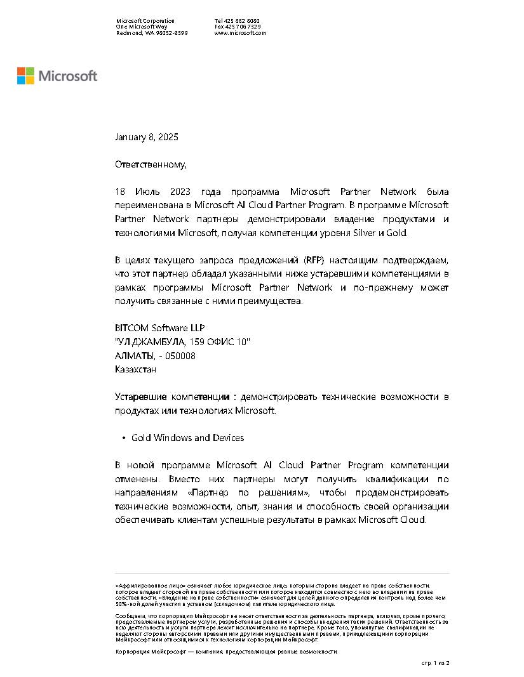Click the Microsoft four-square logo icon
pyautogui.click(x=25, y=76)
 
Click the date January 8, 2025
pyautogui.click(x=146, y=137)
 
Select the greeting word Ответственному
pyautogui.click(x=151, y=165)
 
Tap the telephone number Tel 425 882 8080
pyautogui.click(x=237, y=21)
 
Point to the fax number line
pyautogui.click(x=237, y=27)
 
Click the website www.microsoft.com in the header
pyautogui.click(x=240, y=33)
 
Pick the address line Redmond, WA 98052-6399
pyautogui.click(x=151, y=33)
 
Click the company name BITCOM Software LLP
pyautogui.click(x=160, y=329)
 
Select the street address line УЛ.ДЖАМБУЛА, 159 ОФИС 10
pyautogui.click(x=183, y=343)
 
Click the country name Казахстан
pyautogui.click(x=135, y=369)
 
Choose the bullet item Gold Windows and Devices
pyautogui.click(x=187, y=438)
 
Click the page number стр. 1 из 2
pyautogui.click(x=436, y=662)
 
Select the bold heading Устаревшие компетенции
pyautogui.click(x=172, y=397)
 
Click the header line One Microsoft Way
pyautogui.click(x=142, y=27)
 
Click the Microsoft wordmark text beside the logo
pyautogui.click(x=68, y=76)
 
